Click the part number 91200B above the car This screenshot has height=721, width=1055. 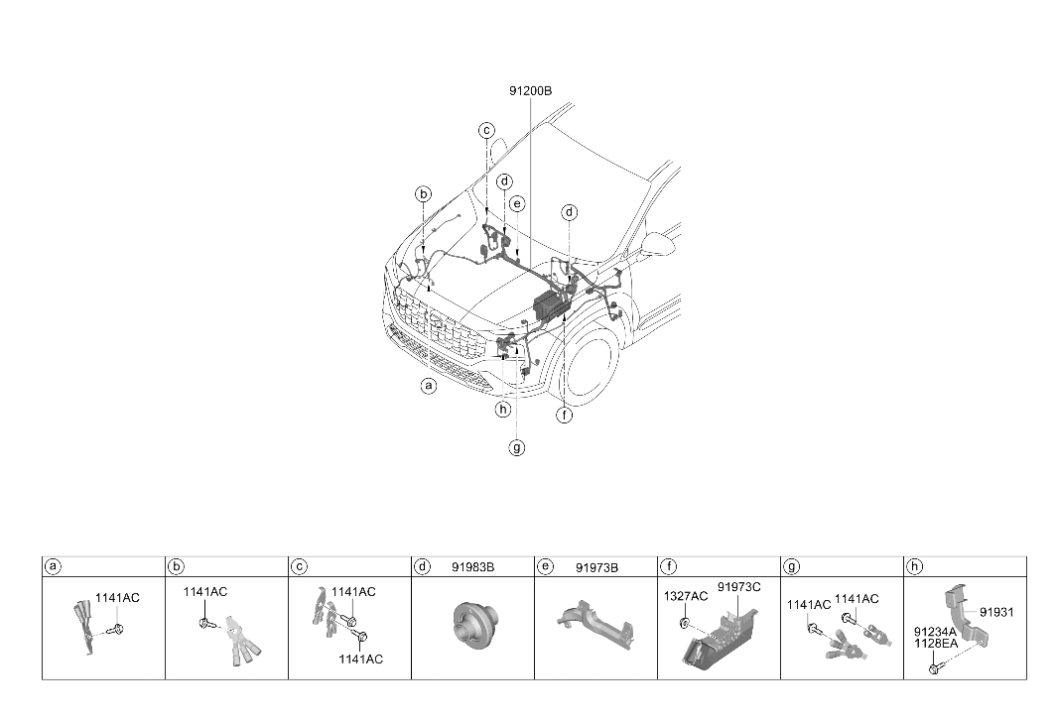[530, 91]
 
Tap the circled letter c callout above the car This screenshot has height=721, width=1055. [487, 131]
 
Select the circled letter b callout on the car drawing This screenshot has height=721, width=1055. [423, 195]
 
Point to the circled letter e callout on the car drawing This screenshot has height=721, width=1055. [517, 203]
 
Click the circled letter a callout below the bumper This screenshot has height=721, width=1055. [429, 386]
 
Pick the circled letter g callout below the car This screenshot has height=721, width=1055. [517, 447]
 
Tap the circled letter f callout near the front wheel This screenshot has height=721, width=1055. [565, 416]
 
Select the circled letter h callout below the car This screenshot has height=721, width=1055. [502, 409]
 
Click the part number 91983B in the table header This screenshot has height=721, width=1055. [473, 567]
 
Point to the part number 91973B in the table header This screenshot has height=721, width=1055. [596, 567]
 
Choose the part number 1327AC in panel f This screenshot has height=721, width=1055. [686, 596]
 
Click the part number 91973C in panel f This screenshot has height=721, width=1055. [738, 587]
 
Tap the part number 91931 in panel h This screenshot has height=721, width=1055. [996, 612]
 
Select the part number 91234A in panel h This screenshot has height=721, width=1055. [935, 632]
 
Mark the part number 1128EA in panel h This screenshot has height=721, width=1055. [935, 643]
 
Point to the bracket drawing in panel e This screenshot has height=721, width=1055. [595, 624]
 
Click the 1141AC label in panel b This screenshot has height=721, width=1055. [205, 592]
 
